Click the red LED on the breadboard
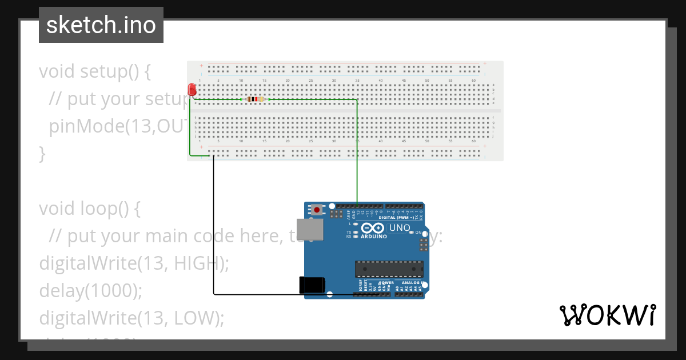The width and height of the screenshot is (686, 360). tap(192, 90)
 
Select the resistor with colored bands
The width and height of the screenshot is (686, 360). tap(256, 99)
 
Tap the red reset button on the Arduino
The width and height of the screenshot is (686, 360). tap(317, 210)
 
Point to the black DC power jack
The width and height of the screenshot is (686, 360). tap(312, 285)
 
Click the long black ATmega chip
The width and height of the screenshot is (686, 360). tap(389, 269)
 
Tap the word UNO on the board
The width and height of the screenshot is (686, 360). tap(400, 228)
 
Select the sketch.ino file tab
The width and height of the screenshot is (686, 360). tap(101, 25)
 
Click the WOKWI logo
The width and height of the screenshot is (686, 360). tap(607, 315)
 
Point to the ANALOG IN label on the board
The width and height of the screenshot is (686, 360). tap(411, 282)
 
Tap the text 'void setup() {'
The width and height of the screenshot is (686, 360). tap(95, 71)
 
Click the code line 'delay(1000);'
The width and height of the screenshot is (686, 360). tap(90, 290)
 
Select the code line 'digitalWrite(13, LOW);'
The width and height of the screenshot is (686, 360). tap(131, 317)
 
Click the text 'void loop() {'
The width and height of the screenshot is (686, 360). tap(90, 209)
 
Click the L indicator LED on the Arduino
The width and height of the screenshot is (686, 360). tap(356, 224)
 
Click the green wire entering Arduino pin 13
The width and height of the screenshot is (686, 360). tap(357, 171)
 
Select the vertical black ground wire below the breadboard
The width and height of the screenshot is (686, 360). tap(214, 229)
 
